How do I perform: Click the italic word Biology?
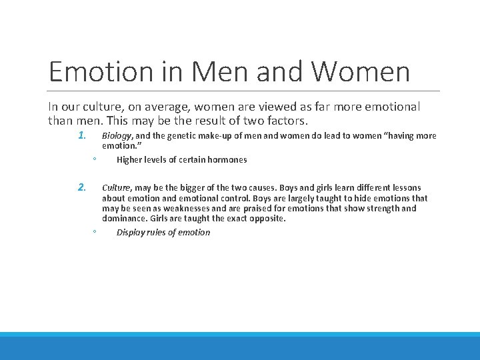click(117, 136)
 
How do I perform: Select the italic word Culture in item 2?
click(117, 188)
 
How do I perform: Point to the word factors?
click(287, 121)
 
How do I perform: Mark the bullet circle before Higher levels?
click(95, 160)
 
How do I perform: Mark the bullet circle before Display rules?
click(95, 233)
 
